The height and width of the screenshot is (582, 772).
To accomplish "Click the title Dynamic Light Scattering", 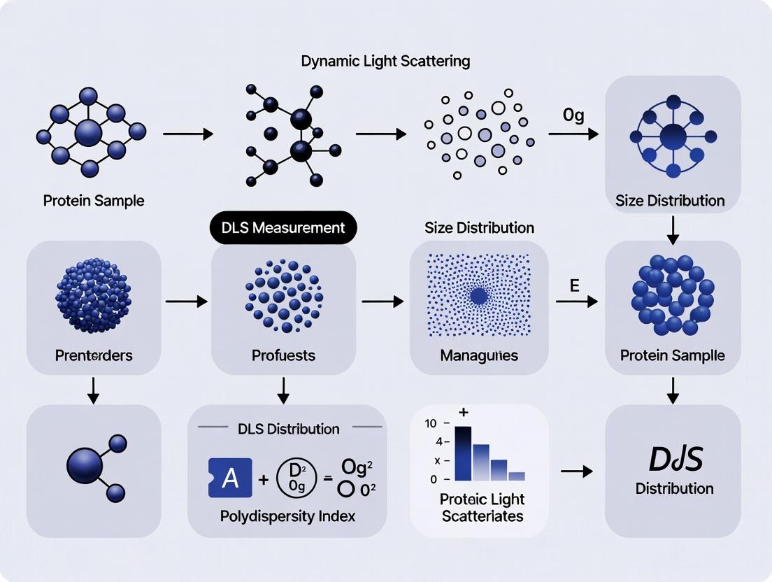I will coord(385,61).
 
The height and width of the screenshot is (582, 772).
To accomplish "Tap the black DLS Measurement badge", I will coord(283,227).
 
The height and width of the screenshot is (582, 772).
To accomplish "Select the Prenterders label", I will coord(94,355).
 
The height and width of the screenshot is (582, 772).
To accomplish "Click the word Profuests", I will coord(283,355).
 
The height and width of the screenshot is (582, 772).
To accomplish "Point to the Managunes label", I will coord(479,355).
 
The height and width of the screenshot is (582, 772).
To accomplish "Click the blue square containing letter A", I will coord(230,478).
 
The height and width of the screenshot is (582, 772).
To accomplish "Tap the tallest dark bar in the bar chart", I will coord(463,453).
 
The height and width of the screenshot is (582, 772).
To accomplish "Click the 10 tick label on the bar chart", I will coord(430,424).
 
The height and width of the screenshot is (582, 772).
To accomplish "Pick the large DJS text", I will coord(674,458).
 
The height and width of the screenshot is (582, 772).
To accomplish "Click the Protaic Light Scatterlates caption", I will coord(482,508).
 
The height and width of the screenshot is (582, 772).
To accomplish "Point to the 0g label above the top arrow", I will coord(573,115).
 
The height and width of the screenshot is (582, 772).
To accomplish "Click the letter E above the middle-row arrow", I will coord(574,285).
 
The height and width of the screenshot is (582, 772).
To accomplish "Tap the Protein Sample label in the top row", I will coord(94,201).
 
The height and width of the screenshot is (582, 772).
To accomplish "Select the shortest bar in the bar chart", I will coord(516,476).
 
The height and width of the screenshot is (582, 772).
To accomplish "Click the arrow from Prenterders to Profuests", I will coord(186,301).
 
